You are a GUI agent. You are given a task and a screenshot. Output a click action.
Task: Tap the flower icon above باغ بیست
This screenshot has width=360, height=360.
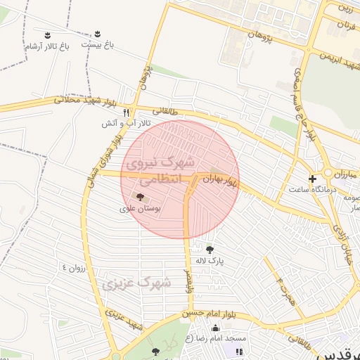pyautogui.click(x=98, y=34)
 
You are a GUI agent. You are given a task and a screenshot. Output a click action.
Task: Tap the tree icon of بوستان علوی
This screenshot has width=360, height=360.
pyautogui.click(x=139, y=198)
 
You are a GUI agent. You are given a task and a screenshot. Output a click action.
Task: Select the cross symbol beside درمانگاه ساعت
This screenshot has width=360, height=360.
pyautogui.click(x=313, y=179)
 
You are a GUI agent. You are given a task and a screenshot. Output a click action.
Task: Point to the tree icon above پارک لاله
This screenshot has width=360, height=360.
pyautogui.click(x=210, y=248)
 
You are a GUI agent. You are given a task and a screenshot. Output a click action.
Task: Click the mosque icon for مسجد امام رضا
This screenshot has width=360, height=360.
pyautogui.click(x=214, y=328)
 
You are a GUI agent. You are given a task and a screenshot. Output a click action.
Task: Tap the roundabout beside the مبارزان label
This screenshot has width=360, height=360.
pyautogui.click(x=328, y=172)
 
